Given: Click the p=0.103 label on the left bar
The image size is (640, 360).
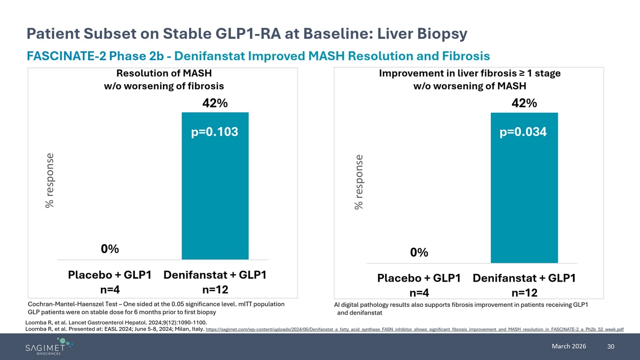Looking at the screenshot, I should [x=215, y=132].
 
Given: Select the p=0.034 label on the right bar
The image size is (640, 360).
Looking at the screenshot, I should [x=523, y=132].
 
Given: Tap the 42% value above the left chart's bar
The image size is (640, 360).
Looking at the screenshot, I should [x=215, y=104].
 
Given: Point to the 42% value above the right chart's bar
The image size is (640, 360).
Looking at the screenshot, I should [x=524, y=103].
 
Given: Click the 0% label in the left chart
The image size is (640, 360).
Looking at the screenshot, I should [x=110, y=249].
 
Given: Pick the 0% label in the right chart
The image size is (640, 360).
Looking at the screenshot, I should [x=419, y=253].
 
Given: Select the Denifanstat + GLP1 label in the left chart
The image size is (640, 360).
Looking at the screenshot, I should [x=215, y=275].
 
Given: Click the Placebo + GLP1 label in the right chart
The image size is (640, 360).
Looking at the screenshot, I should [x=418, y=278].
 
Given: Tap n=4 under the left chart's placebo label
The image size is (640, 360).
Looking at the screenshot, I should [x=110, y=290].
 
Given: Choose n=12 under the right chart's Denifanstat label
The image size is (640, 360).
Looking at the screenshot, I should [x=524, y=293].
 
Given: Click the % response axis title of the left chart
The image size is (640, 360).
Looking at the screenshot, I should [x=49, y=180].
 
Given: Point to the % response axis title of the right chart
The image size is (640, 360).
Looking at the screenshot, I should [x=359, y=182].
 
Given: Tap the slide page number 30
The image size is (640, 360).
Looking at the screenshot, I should [x=611, y=347].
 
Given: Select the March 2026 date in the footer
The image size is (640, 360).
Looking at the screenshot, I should [x=569, y=346].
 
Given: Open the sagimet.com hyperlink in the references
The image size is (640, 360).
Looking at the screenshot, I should [x=415, y=329].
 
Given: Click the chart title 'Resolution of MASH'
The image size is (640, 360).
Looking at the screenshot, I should [x=164, y=73].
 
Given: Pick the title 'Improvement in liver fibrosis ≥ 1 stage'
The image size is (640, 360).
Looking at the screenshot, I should [x=470, y=73].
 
